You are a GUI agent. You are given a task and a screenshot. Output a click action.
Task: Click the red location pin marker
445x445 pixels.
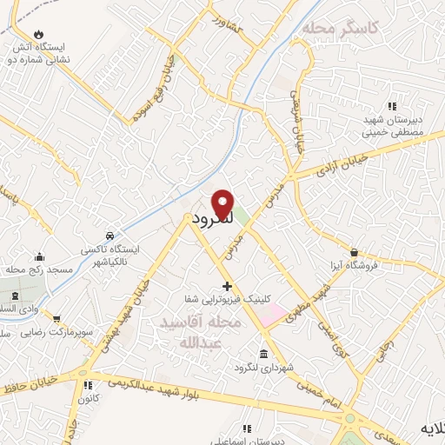tap(223, 204)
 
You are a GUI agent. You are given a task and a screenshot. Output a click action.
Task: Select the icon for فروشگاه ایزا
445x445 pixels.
tap(354, 252)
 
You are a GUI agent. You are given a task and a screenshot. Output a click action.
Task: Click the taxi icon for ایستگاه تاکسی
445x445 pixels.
tap(109, 236)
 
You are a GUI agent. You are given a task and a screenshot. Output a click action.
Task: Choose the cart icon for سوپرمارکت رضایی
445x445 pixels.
tap(56, 320)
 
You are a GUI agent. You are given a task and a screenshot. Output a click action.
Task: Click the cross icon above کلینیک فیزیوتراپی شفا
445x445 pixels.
tap(227, 286)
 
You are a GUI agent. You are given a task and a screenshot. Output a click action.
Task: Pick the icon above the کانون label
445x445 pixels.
tap(87, 385)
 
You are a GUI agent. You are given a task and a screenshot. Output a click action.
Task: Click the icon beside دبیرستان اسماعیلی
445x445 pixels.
tap(246, 428)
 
